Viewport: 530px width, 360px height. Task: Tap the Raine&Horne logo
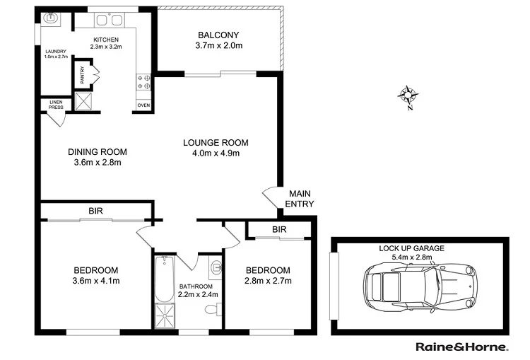click(x=460, y=347)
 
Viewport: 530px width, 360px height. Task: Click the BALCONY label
click(x=218, y=35)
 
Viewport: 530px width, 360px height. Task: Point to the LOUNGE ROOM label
click(x=220, y=142)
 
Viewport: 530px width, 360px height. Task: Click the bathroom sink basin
click(x=216, y=267)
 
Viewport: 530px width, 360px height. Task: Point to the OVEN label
click(x=143, y=105)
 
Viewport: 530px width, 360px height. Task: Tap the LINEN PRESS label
click(x=56, y=105)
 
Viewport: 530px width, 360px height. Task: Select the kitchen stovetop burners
click(x=146, y=82)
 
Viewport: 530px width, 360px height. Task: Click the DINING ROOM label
click(x=98, y=151)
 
